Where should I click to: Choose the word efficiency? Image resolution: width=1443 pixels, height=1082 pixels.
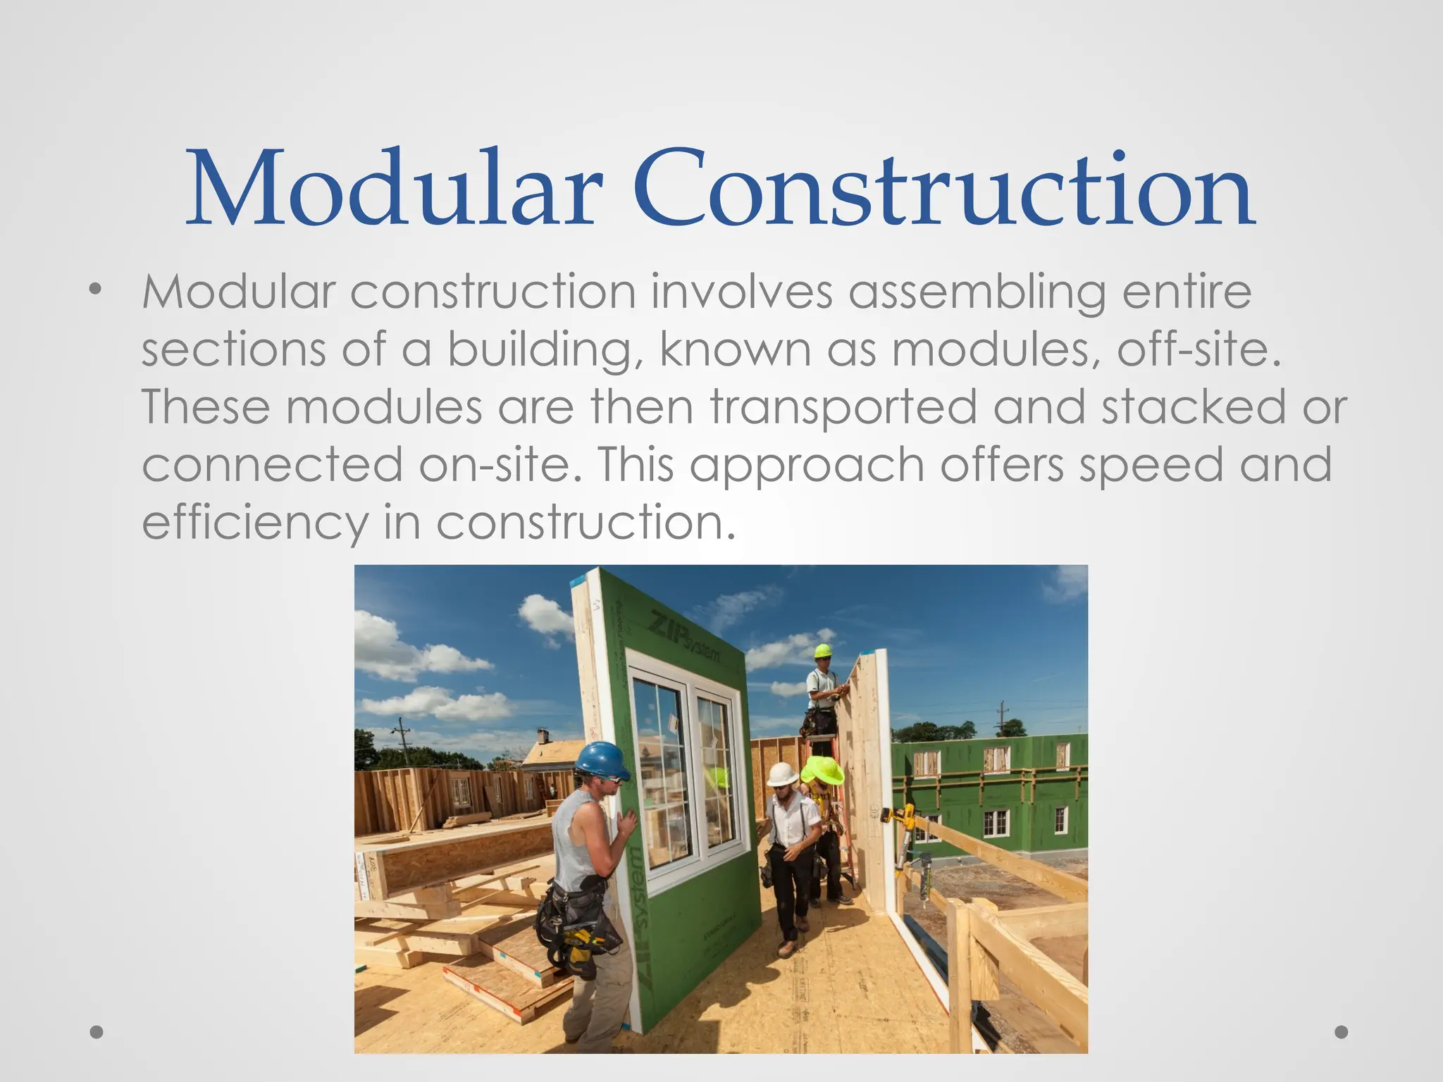(254, 523)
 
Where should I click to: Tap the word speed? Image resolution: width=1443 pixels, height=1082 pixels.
(1151, 466)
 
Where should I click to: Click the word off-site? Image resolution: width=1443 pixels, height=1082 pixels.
(1198, 350)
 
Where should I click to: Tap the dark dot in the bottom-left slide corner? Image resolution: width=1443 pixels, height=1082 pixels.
(97, 1032)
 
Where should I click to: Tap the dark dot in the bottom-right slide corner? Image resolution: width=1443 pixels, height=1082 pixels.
(1342, 1032)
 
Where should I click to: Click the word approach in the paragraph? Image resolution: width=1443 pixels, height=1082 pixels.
(807, 466)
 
